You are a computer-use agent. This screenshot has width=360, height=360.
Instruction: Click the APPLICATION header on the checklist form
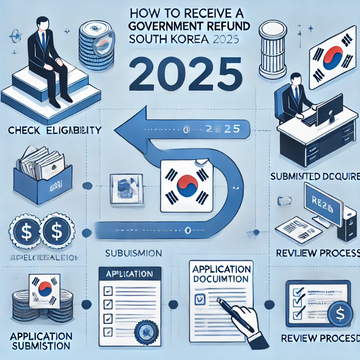127,274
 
